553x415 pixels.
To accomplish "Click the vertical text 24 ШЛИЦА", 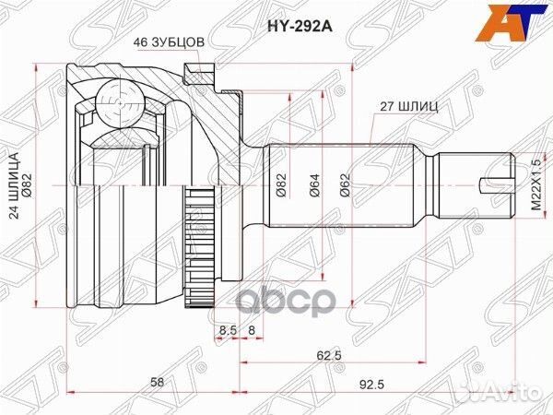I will (18, 171).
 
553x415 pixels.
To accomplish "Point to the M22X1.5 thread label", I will (534, 185).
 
